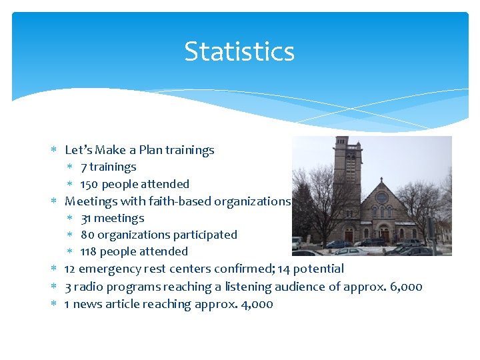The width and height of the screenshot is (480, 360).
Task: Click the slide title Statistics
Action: (x=239, y=51)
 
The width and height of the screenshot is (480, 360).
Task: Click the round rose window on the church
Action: (x=381, y=198)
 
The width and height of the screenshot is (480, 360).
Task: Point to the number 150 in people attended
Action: (x=89, y=184)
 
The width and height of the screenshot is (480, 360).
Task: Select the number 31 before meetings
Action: (x=87, y=218)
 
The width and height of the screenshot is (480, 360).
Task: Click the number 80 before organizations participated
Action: (x=87, y=235)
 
